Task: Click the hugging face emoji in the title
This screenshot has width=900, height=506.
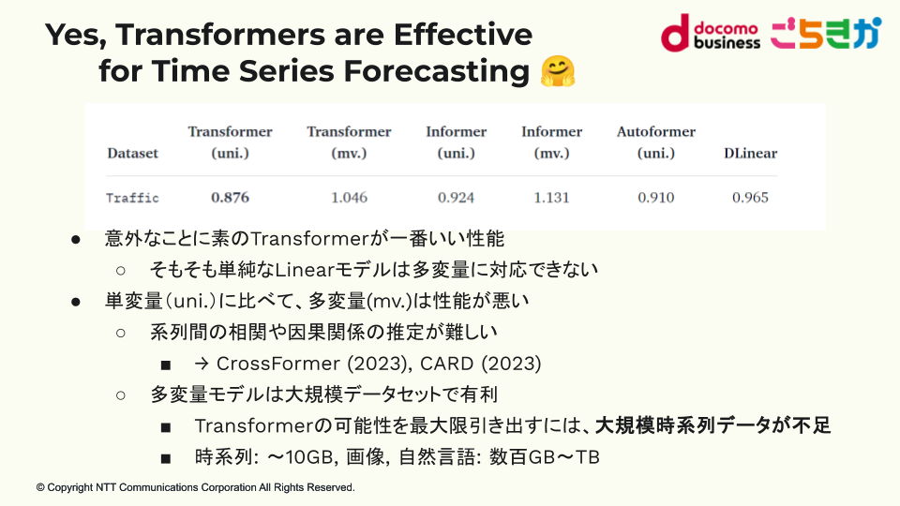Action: pos(557,71)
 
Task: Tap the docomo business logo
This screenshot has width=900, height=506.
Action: pos(711,34)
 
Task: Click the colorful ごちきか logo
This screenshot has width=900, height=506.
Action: pos(825,34)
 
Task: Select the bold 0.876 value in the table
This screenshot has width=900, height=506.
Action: pos(231,198)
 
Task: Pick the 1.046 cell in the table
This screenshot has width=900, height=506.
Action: pos(349,198)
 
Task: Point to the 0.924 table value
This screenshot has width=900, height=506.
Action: pos(457,198)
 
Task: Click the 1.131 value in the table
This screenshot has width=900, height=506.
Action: pos(551,198)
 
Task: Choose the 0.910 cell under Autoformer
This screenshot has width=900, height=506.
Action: pos(656,198)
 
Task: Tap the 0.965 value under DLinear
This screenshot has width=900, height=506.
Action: pos(750,198)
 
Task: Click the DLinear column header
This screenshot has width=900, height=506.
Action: pos(750,153)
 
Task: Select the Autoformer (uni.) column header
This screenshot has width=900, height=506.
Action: pos(656,142)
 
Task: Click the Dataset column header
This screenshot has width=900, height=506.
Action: pos(132,153)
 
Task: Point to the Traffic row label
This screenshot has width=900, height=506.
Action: pos(132,198)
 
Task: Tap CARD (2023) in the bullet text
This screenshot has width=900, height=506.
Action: pos(480,364)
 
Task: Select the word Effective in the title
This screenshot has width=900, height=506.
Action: pos(462,35)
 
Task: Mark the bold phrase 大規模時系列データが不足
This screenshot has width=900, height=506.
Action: pos(712,425)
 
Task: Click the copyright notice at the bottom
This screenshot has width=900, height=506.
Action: pos(196,487)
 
